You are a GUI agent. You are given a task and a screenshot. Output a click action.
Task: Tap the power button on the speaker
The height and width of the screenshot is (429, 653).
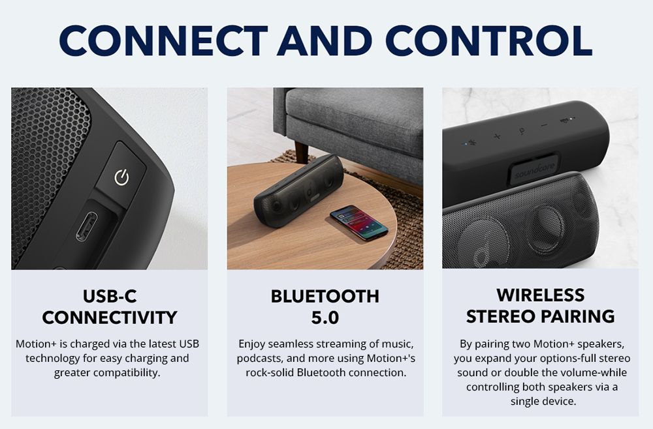[x=121, y=177]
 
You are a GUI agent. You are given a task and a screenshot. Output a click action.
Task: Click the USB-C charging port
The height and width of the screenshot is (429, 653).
[x=86, y=226]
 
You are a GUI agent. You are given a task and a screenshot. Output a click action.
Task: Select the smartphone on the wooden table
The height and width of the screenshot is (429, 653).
[x=358, y=222]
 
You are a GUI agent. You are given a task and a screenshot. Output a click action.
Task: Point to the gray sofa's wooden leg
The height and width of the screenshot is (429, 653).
[x=301, y=152]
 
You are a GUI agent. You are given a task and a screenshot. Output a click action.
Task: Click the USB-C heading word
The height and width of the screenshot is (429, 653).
[x=110, y=297]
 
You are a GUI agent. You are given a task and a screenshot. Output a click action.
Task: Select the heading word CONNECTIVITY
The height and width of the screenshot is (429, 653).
[x=110, y=318]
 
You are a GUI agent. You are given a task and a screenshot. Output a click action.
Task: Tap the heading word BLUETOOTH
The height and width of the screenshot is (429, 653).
[x=325, y=297]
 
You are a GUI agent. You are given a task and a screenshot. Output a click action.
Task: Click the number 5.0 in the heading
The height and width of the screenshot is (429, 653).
[x=325, y=318]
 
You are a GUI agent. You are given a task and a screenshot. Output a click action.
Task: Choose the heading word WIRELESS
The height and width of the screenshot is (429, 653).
[x=540, y=295]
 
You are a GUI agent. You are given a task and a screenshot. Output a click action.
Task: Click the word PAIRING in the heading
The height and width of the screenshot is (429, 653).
[x=578, y=316]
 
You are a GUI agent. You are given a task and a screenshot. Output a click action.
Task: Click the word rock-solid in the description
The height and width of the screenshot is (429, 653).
[x=270, y=372]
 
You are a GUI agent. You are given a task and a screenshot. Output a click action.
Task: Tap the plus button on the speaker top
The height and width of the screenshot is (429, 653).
[x=496, y=136]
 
